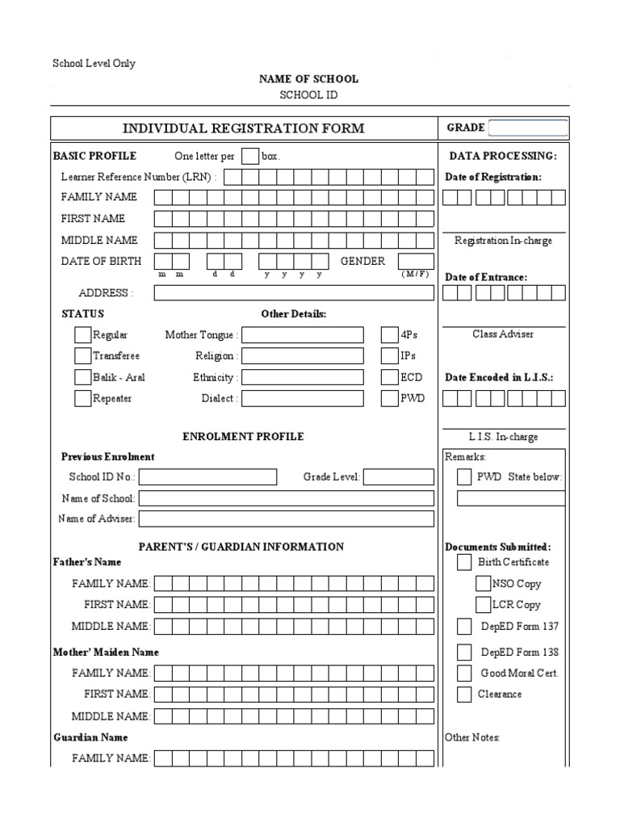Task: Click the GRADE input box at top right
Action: click(x=528, y=128)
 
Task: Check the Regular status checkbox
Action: click(x=82, y=334)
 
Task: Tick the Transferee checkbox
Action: click(x=82, y=355)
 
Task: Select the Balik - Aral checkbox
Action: click(x=82, y=377)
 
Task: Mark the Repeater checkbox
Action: click(x=82, y=398)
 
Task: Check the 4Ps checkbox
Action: click(x=388, y=334)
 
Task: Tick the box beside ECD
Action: click(x=388, y=377)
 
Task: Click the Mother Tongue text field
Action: click(x=302, y=334)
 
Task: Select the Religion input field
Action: click(x=302, y=355)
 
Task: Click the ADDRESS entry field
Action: click(x=294, y=293)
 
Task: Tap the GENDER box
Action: click(x=416, y=261)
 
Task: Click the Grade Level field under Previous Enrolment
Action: click(x=399, y=477)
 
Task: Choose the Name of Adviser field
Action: click(x=287, y=518)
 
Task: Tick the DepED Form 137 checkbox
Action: click(x=464, y=626)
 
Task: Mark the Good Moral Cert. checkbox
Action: click(x=464, y=673)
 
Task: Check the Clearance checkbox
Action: click(x=464, y=694)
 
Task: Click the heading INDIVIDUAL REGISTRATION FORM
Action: click(x=243, y=128)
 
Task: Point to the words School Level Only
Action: click(x=94, y=64)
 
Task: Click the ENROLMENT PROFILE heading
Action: click(x=243, y=436)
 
